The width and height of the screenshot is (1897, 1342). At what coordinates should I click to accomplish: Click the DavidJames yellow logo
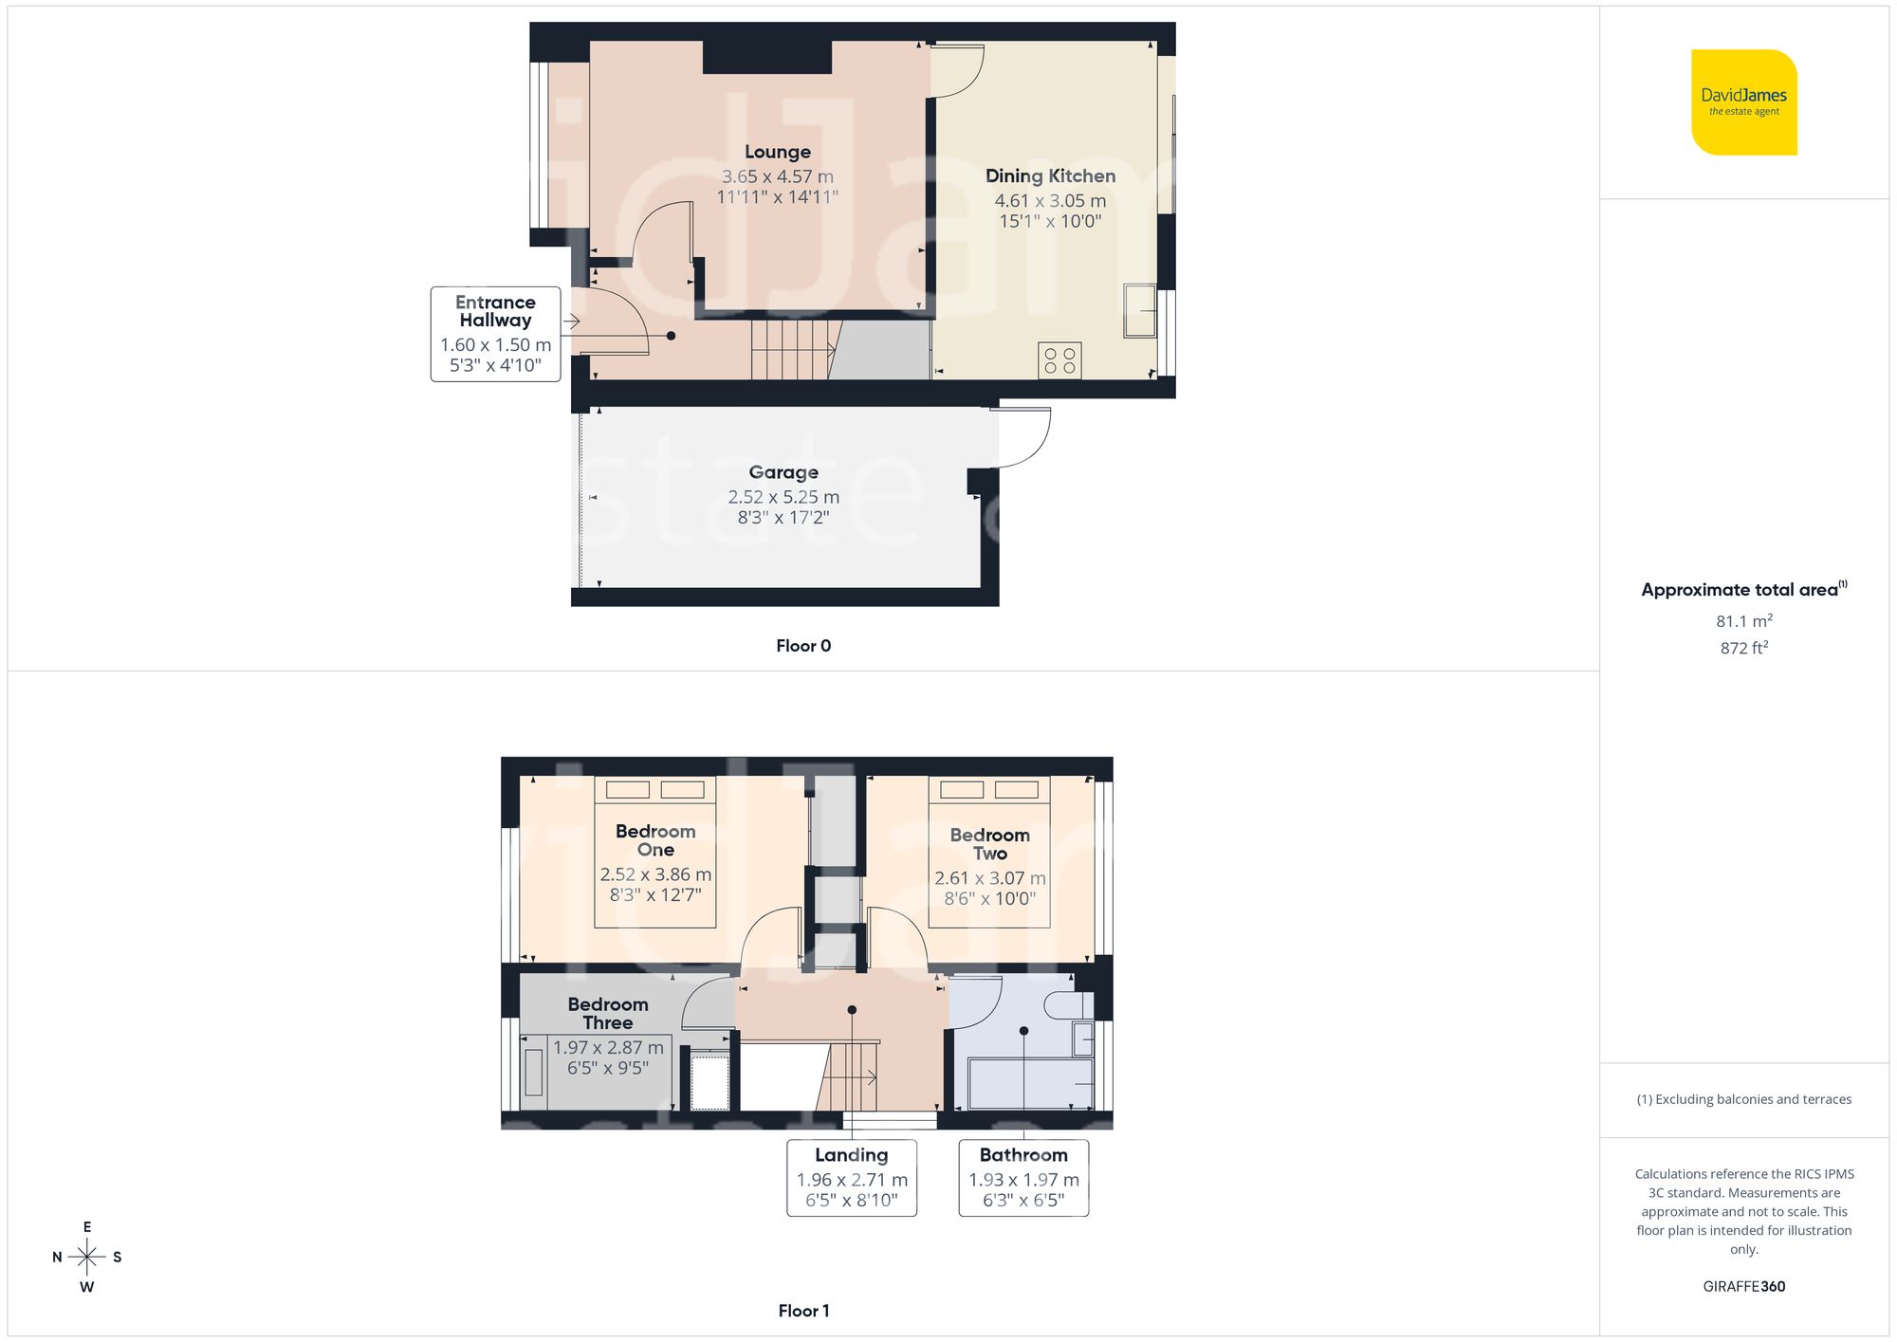click(1743, 102)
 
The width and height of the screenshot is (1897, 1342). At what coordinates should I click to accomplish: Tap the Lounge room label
click(777, 152)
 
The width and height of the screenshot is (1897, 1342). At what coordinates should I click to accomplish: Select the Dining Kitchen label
click(1050, 176)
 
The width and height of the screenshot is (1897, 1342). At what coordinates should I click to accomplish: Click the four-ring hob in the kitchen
click(1059, 360)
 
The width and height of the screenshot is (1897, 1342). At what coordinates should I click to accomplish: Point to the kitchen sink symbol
click(1140, 310)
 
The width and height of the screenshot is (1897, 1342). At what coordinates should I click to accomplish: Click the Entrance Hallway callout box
click(495, 334)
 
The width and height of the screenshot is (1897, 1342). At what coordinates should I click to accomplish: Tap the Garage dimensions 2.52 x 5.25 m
click(783, 497)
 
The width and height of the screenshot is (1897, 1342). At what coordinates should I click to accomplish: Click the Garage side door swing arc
click(1029, 441)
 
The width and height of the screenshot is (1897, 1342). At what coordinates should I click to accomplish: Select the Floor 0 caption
click(803, 646)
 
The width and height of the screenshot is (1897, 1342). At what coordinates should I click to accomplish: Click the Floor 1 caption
click(803, 1311)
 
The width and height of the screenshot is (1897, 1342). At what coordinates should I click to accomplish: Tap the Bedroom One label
click(655, 840)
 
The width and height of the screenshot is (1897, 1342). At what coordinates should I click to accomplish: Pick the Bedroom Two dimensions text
click(989, 889)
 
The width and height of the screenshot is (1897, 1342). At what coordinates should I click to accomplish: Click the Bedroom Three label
click(608, 1013)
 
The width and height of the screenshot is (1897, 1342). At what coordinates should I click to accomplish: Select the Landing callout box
click(852, 1177)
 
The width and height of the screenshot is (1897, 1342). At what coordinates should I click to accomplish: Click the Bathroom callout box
click(1023, 1177)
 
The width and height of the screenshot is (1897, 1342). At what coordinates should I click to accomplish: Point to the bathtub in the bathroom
click(1029, 1084)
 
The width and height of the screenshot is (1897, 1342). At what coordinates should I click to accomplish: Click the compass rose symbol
click(87, 1258)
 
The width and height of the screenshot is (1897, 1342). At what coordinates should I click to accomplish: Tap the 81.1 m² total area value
click(1743, 621)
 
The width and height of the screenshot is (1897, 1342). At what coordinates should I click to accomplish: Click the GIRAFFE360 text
click(1743, 1287)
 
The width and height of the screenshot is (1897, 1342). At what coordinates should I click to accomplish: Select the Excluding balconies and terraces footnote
click(1743, 1099)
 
